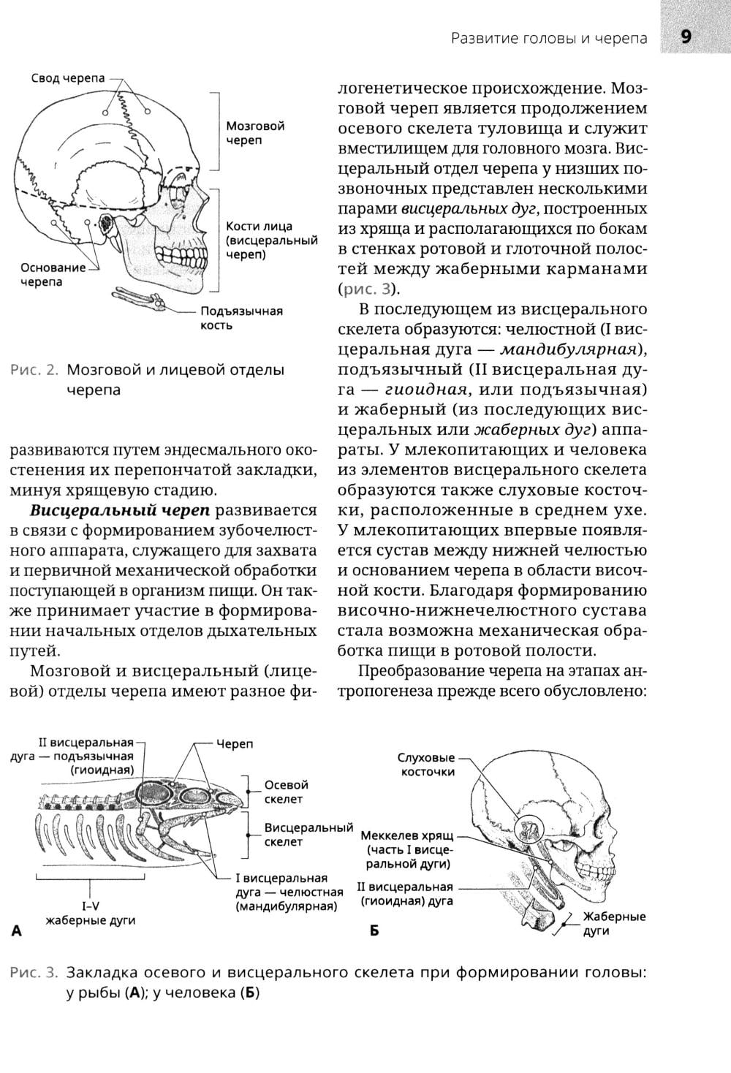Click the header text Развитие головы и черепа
pos(549,38)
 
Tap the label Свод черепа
pos(68,78)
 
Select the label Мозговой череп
pos(255,133)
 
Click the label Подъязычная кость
pos(241,318)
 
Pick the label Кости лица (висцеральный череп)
pos(271,240)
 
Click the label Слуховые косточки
pos(426,765)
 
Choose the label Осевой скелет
pos(287,792)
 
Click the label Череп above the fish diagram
pos(234,744)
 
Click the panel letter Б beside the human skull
pos(374,931)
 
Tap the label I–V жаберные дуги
pos(90,913)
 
